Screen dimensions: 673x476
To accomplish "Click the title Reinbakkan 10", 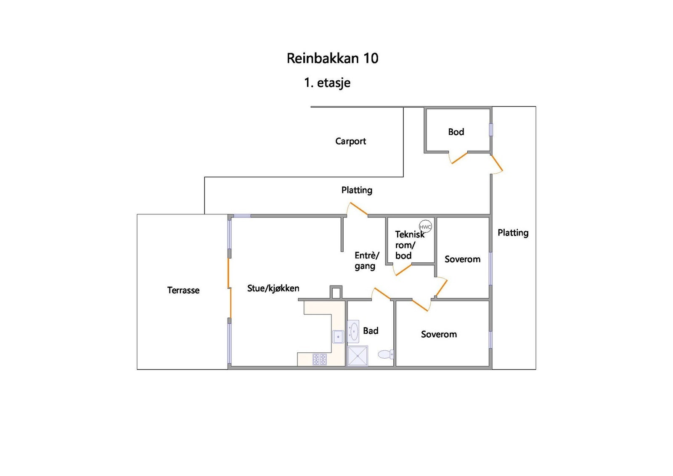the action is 332,58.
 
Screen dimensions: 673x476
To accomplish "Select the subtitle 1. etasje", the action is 327,82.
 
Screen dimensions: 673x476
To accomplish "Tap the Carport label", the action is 351,141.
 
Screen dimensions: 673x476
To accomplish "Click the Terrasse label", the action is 183,290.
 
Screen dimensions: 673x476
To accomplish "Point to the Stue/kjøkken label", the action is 273,288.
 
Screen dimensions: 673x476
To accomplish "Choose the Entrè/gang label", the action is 367,261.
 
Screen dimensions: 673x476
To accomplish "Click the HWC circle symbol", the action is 425,227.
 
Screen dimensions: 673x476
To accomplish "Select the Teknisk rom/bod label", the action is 410,245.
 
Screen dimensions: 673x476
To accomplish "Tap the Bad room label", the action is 371,331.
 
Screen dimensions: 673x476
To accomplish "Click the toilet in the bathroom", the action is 386,354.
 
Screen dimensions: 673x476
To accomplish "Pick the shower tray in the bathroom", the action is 358,356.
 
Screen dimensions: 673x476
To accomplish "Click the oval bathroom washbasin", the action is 353,331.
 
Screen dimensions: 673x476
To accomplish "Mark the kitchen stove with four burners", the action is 319,359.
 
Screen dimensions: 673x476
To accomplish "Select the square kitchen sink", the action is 338,337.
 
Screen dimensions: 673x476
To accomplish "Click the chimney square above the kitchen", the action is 336,292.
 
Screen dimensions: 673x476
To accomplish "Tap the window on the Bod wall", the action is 491,130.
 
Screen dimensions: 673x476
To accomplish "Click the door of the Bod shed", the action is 460,158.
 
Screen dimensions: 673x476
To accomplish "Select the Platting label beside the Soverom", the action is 513,233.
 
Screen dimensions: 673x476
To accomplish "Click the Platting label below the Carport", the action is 357,190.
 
